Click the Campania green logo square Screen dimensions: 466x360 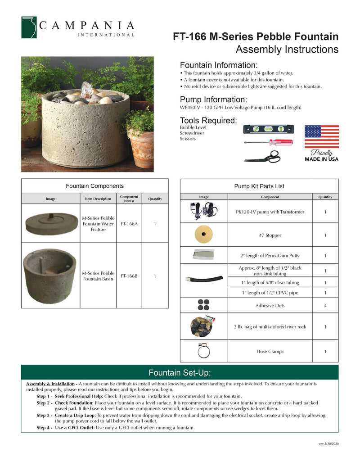point(30,27)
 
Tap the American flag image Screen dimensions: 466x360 point(321,137)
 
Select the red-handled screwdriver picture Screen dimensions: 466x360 point(268,142)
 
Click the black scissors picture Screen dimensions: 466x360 point(262,156)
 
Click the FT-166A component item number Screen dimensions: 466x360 point(129,224)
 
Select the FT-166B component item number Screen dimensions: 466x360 point(129,276)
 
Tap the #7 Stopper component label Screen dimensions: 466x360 point(270,235)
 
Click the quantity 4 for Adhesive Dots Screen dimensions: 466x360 point(325,306)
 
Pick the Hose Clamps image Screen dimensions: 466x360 point(204,351)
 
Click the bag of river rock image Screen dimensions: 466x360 point(203,326)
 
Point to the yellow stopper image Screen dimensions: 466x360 point(204,235)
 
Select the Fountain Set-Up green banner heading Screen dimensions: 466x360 point(180,373)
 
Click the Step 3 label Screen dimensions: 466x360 point(44,416)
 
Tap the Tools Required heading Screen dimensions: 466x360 point(208,121)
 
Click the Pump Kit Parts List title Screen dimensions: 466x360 point(259,186)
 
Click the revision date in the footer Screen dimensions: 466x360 point(328,444)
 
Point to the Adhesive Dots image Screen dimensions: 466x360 point(204,305)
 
